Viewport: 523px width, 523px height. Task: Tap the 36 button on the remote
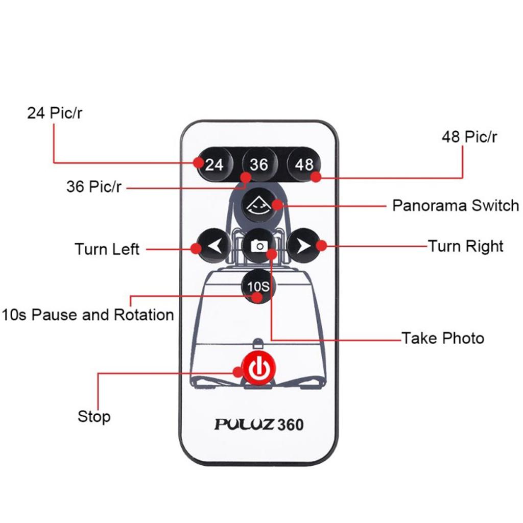pos(259,164)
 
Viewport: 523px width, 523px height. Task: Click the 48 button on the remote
pos(304,164)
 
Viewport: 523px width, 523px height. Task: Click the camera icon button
pos(259,246)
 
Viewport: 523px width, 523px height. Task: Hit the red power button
pos(259,367)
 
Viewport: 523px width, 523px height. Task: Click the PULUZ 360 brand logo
pos(259,424)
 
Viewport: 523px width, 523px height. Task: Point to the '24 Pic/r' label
pos(54,113)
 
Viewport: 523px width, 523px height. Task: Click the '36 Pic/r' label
pos(94,186)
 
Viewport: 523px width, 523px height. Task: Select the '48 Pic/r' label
pos(469,137)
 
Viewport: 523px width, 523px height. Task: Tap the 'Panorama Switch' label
pos(455,206)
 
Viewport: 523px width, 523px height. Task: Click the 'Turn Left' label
pos(107,249)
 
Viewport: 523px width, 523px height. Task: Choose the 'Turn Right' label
pos(465,246)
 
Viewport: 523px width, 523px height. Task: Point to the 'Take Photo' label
pos(442,338)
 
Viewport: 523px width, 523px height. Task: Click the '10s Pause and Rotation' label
pos(87,314)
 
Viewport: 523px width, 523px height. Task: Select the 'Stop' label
pos(94,416)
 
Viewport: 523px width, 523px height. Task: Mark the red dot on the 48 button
pos(316,177)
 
